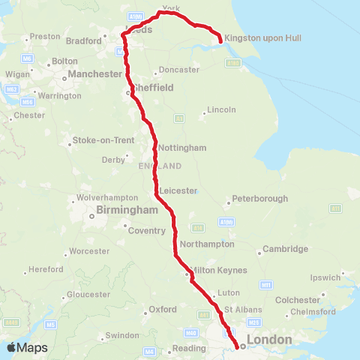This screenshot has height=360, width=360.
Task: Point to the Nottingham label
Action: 182,148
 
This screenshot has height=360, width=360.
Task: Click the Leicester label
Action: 178,190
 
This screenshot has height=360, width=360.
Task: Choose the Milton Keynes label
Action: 218,268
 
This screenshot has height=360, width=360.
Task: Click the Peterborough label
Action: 260,199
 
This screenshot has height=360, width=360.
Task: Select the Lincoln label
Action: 221,110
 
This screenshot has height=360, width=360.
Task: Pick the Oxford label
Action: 163,309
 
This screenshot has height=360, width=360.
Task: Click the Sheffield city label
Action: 154,88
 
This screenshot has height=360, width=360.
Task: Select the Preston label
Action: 45,36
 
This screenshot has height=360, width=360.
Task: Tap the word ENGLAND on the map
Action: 160,166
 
